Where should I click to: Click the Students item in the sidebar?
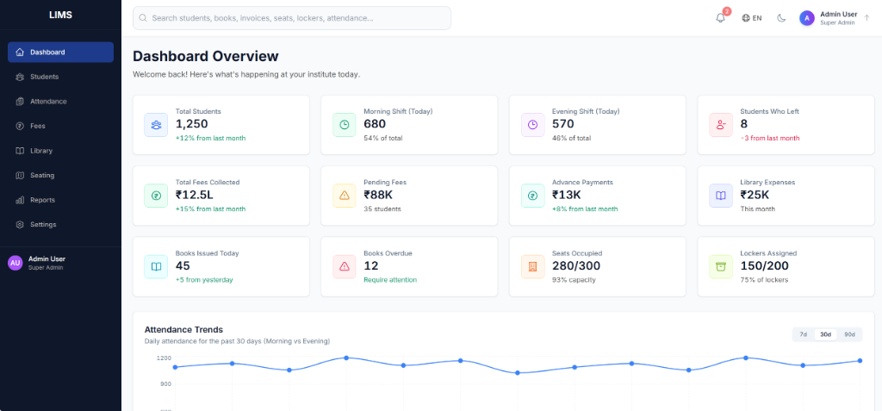point(44,77)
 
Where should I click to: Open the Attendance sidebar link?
point(47,102)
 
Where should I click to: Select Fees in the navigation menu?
point(37,126)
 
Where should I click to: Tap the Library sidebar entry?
point(40,151)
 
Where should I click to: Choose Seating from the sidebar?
point(41,175)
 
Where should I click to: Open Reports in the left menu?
point(41,200)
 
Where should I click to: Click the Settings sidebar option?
point(42,225)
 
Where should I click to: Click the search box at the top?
point(292,18)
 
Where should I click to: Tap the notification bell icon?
point(720,18)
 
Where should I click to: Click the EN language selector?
point(751,18)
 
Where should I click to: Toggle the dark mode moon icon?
point(781,18)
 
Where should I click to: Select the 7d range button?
point(803,334)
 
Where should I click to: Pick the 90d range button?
point(849,334)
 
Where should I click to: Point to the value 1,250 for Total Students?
point(192,124)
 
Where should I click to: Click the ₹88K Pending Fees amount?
point(377,195)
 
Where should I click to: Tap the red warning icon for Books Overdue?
point(345,266)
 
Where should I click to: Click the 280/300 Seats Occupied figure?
point(575,265)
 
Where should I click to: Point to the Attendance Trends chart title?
point(183,329)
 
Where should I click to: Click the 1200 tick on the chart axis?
point(164,358)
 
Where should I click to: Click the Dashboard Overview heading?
point(205,56)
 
